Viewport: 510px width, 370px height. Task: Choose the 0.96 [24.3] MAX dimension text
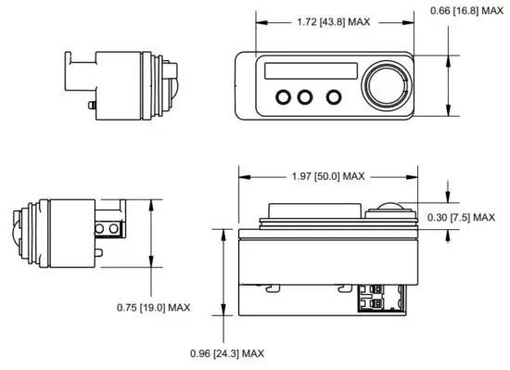(x=228, y=353)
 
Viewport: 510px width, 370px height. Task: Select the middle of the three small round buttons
(x=306, y=96)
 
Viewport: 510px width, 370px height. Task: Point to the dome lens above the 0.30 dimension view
(x=391, y=207)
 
